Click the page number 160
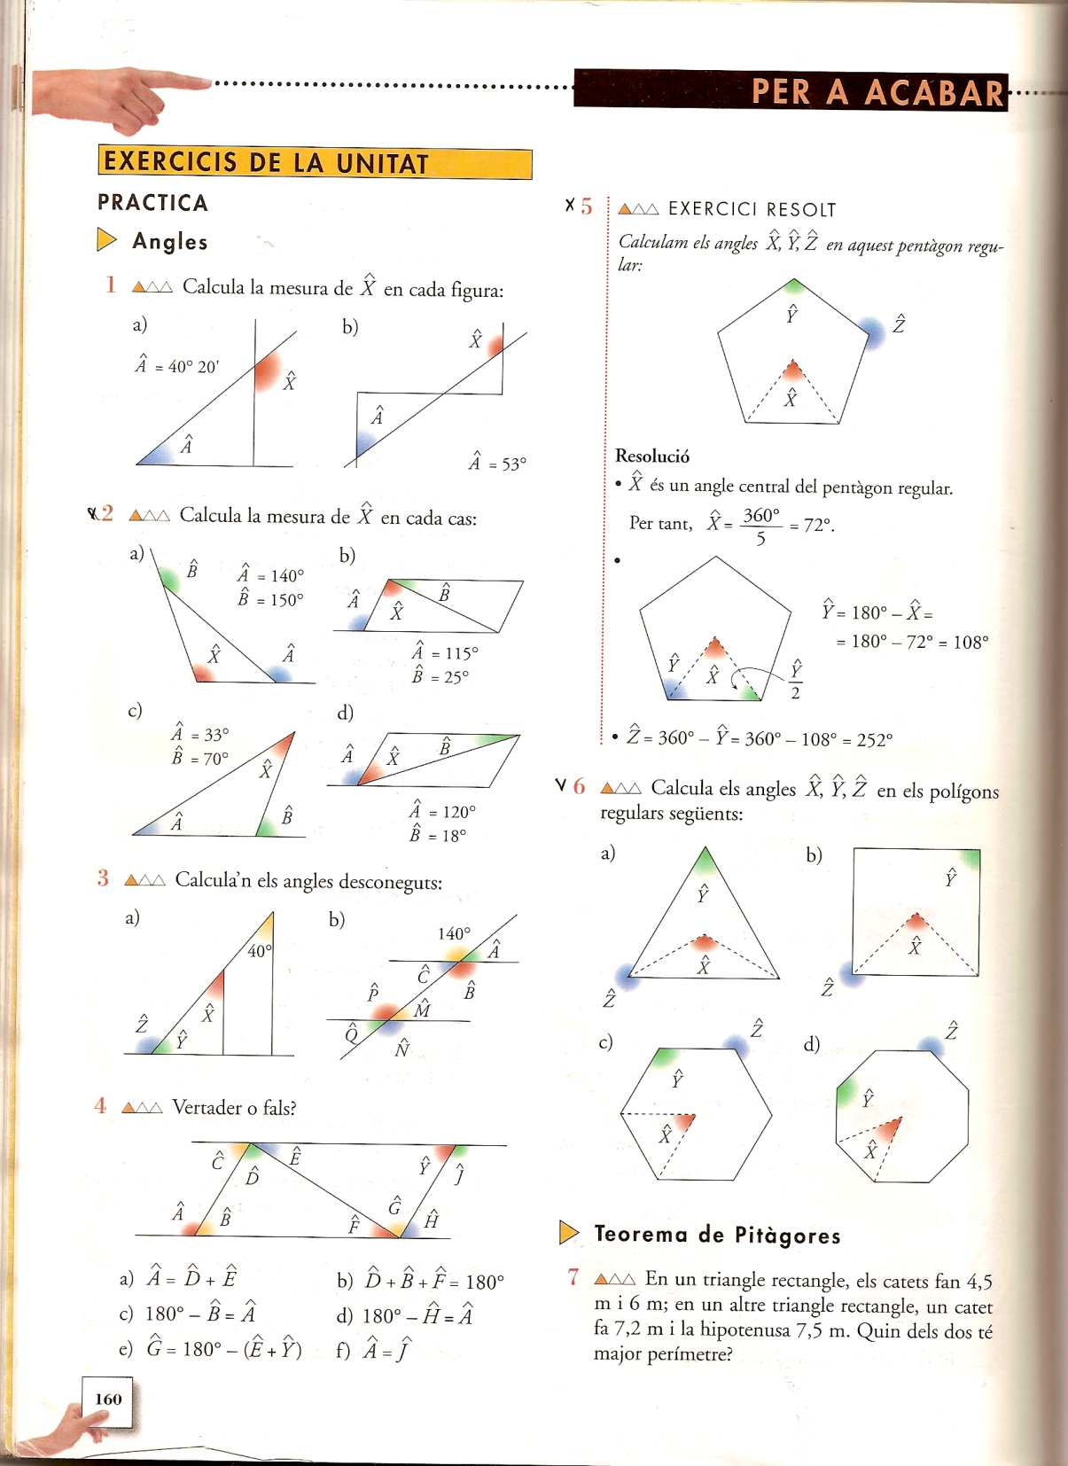[x=108, y=1399]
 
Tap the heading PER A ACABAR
[x=877, y=92]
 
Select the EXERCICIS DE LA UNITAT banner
[x=315, y=164]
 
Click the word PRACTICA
[x=152, y=203]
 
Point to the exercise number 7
[x=573, y=1277]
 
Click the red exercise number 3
[x=103, y=878]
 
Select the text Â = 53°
[x=497, y=463]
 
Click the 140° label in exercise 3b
[x=454, y=933]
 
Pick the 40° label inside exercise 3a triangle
[x=259, y=951]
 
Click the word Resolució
[x=652, y=456]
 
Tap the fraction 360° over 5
[x=760, y=526]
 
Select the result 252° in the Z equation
[x=874, y=739]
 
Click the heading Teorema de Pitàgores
[x=716, y=1235]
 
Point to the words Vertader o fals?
[x=234, y=1107]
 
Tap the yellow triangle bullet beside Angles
[x=107, y=239]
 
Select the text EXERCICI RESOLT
[x=752, y=210]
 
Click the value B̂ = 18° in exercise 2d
[x=439, y=835]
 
